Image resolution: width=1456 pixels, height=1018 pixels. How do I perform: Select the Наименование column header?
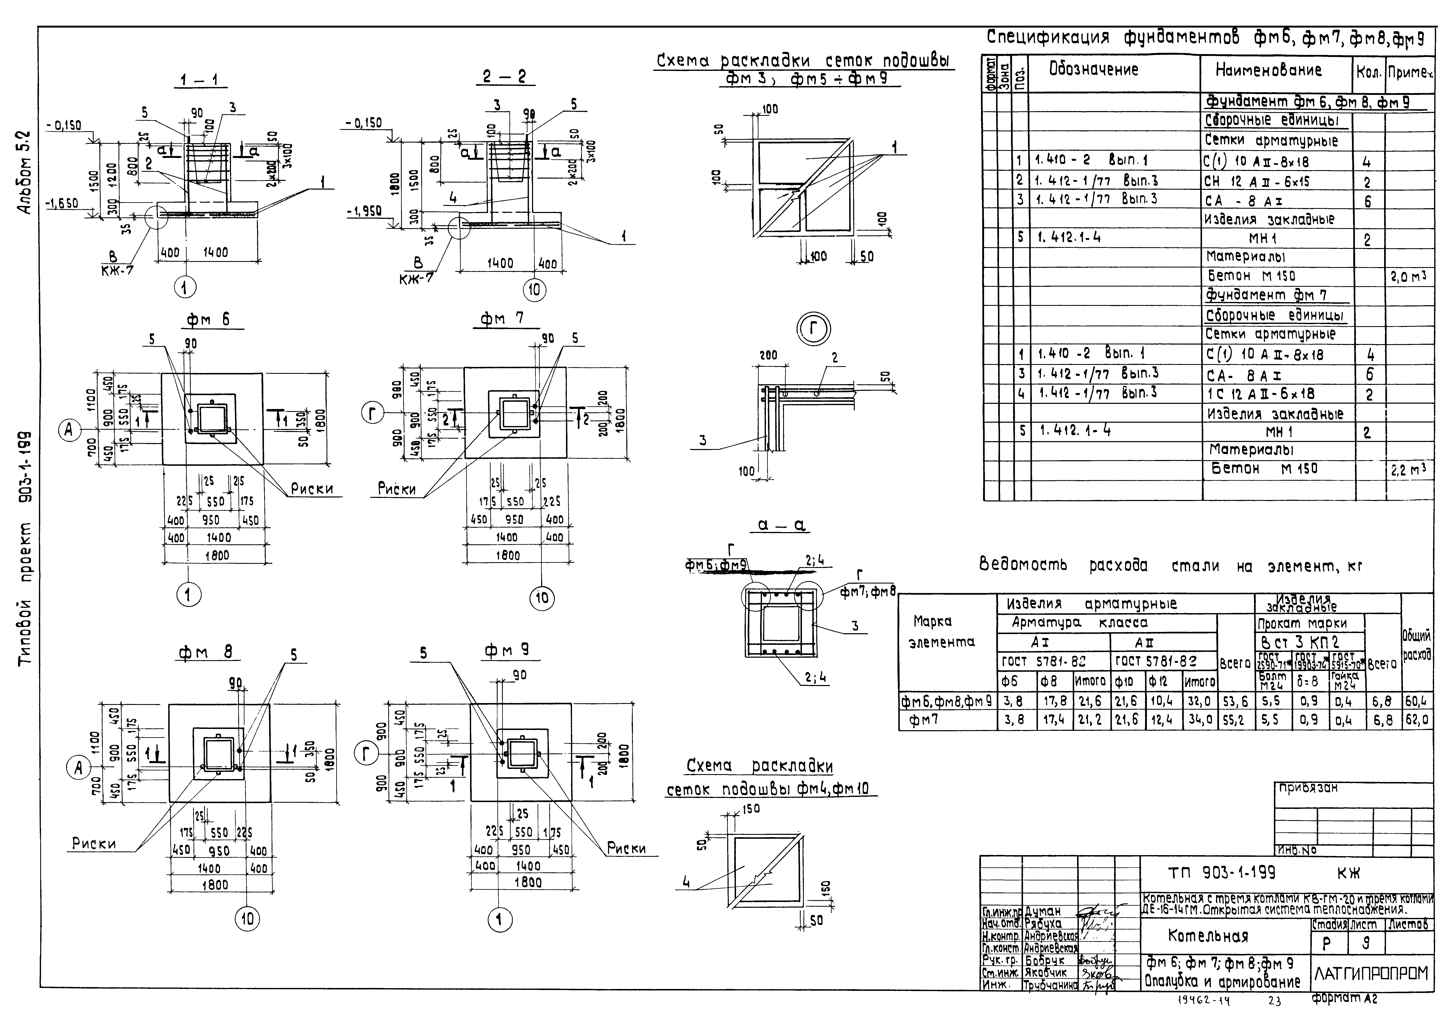[x=1268, y=70]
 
